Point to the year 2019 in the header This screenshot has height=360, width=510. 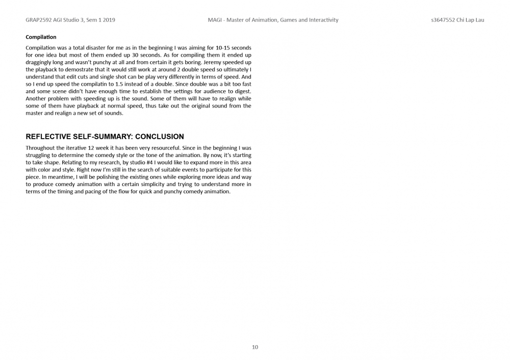coord(108,20)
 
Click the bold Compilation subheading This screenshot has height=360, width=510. coord(41,37)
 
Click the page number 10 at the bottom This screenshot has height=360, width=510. coord(255,347)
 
